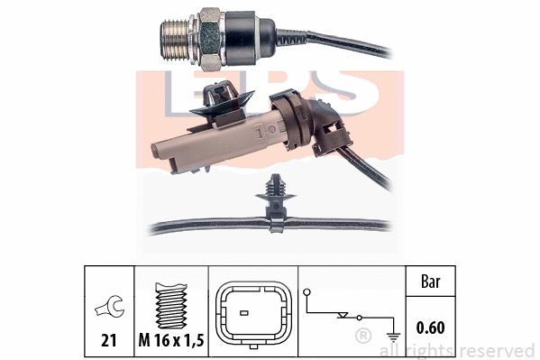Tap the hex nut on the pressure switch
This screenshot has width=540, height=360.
208,37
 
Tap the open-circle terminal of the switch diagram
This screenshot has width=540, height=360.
309,291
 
